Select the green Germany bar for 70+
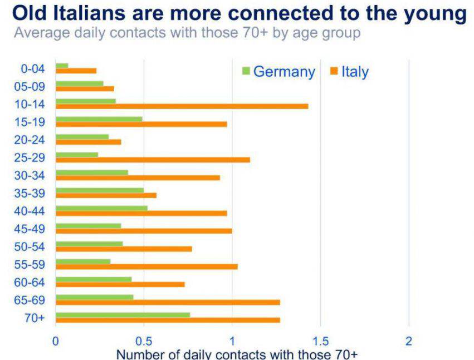click(x=123, y=314)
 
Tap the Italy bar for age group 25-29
click(x=153, y=160)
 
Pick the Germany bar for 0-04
click(x=62, y=66)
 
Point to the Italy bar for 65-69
click(x=168, y=302)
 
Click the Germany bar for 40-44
click(x=101, y=208)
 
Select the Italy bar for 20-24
click(x=88, y=142)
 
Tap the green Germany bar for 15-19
click(x=99, y=119)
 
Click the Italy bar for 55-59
click(x=146, y=267)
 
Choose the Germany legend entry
click(x=278, y=72)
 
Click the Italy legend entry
click(x=349, y=72)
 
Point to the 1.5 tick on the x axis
click(x=320, y=341)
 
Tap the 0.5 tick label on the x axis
click(x=144, y=341)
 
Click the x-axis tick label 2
click(x=408, y=341)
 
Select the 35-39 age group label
click(x=31, y=193)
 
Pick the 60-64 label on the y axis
click(x=31, y=282)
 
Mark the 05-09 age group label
click(x=31, y=86)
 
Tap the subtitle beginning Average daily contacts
click(x=187, y=33)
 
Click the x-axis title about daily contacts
click(x=236, y=354)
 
